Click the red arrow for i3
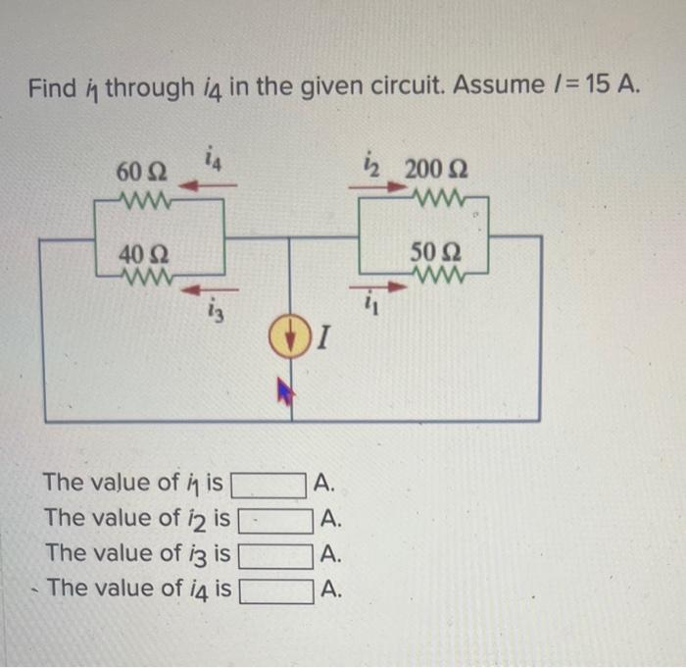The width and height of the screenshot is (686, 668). coord(204,290)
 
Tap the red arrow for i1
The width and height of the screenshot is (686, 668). coord(384,288)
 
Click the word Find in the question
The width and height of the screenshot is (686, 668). coord(51,89)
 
